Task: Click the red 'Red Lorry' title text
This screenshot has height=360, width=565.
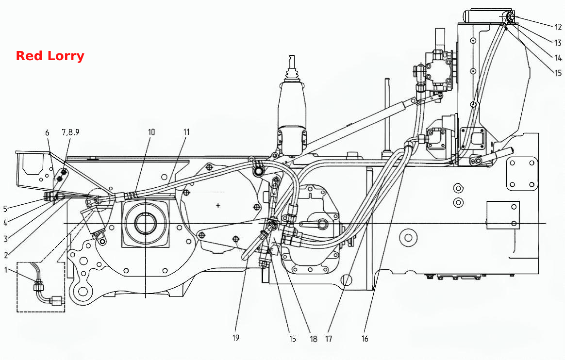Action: coord(50,56)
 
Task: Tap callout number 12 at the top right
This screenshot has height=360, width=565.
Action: coord(558,27)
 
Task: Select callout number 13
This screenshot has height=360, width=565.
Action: coord(558,43)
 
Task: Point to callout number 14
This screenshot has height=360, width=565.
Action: coord(558,58)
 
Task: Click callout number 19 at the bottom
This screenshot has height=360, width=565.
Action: coord(235,338)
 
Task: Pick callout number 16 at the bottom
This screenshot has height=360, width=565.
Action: coord(365,338)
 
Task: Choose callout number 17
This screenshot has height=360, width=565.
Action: coord(328,338)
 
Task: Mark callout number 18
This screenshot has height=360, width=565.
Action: coord(313,339)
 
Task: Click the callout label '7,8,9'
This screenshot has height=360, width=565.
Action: coord(70,132)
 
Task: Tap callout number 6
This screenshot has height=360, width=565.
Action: coord(47,132)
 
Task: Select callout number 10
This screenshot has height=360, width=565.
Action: coord(151,132)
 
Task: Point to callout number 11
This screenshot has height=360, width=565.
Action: coord(186,132)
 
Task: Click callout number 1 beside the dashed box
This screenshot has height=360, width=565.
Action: coord(6,270)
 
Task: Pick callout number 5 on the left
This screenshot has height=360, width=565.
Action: coord(5,209)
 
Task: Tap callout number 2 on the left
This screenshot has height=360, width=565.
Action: coord(6,255)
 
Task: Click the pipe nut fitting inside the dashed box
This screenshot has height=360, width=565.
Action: coord(38,286)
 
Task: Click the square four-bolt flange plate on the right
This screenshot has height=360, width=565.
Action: coord(522,174)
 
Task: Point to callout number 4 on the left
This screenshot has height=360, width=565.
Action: coord(5,223)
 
